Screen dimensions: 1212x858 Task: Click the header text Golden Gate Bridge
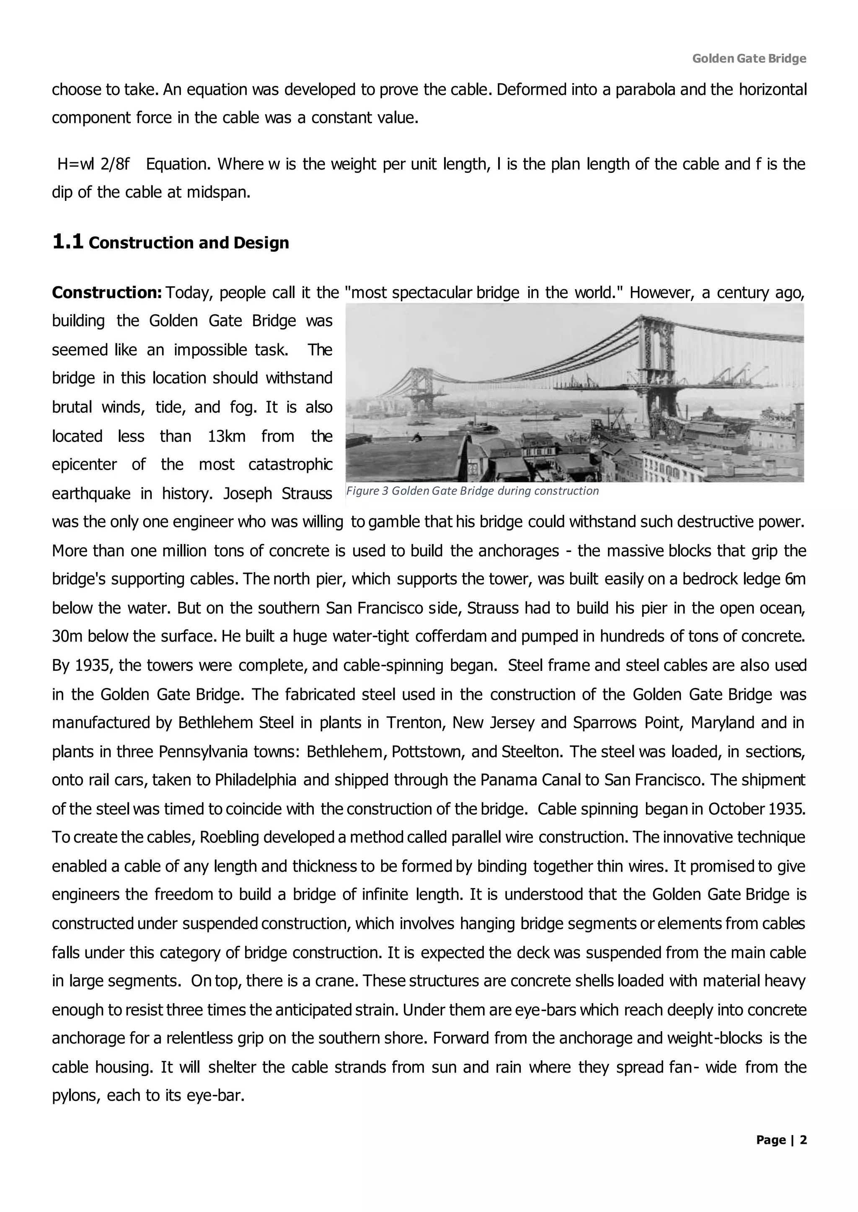(749, 59)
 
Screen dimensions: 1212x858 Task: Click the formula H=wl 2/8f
(93, 164)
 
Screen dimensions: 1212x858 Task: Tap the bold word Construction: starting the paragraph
(106, 293)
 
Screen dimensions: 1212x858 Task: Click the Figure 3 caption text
(472, 491)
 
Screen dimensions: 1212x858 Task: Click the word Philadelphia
(255, 780)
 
